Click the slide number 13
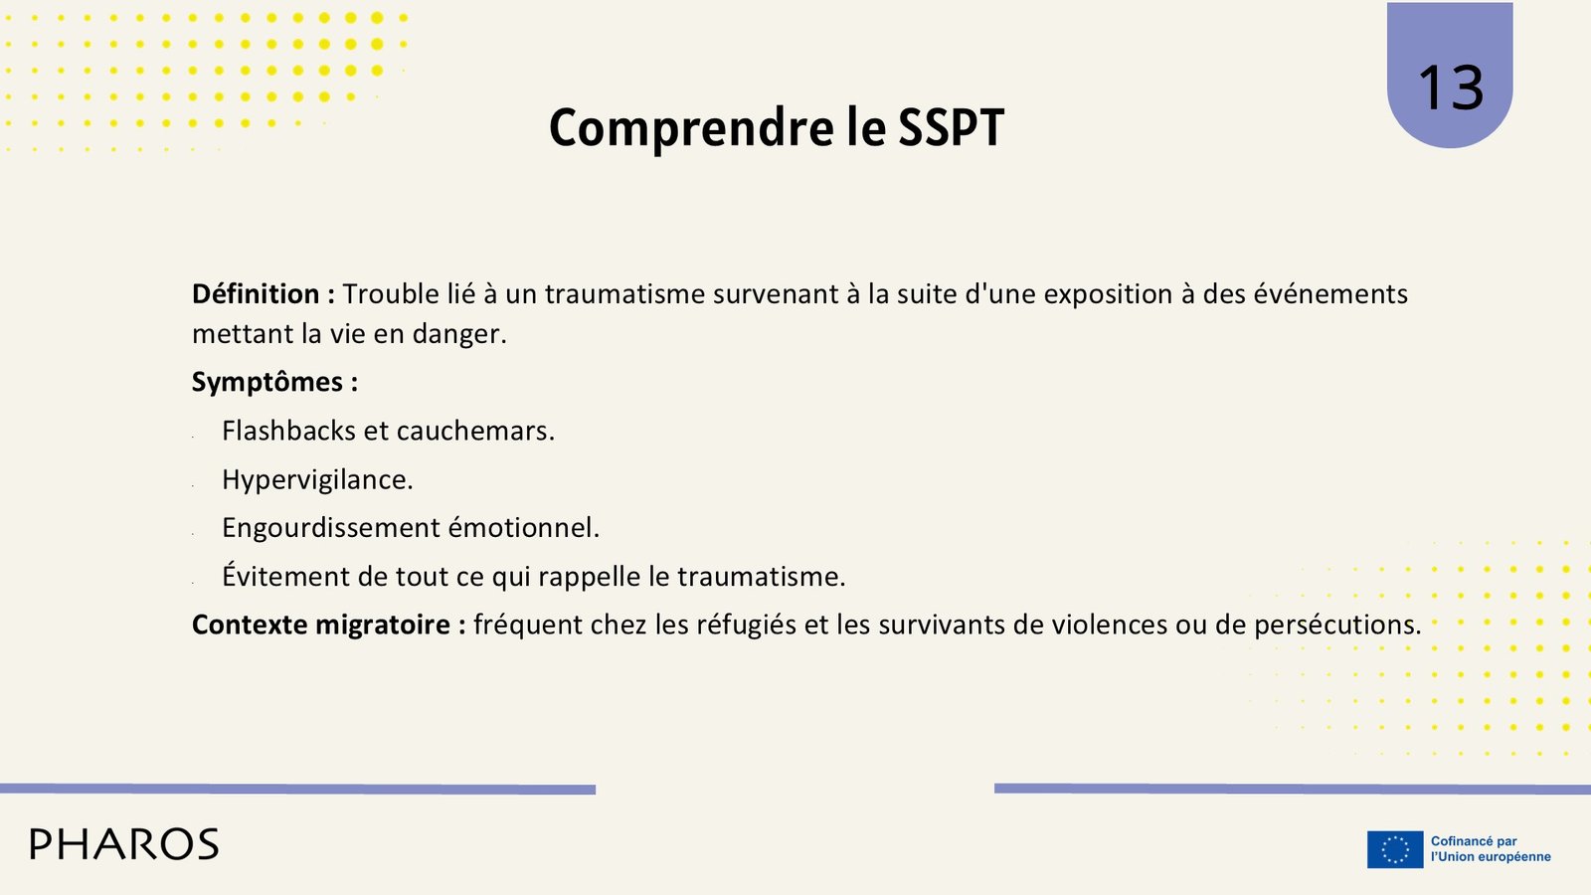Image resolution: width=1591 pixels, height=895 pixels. (1451, 88)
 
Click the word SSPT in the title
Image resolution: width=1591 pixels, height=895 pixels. (951, 128)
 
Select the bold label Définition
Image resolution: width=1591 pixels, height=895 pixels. (255, 294)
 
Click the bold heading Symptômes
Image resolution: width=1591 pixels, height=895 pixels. (267, 383)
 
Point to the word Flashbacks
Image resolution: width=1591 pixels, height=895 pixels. (288, 431)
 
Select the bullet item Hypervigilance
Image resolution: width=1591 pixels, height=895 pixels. (317, 480)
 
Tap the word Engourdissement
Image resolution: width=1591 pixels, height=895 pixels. (331, 528)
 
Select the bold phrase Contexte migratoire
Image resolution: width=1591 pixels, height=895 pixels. (321, 626)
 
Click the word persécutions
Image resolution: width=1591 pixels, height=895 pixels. (1337, 626)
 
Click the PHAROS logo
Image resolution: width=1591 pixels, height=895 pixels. (124, 844)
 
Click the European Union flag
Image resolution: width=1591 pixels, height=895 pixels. (1395, 849)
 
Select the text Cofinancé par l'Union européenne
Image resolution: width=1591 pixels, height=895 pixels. (1491, 849)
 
